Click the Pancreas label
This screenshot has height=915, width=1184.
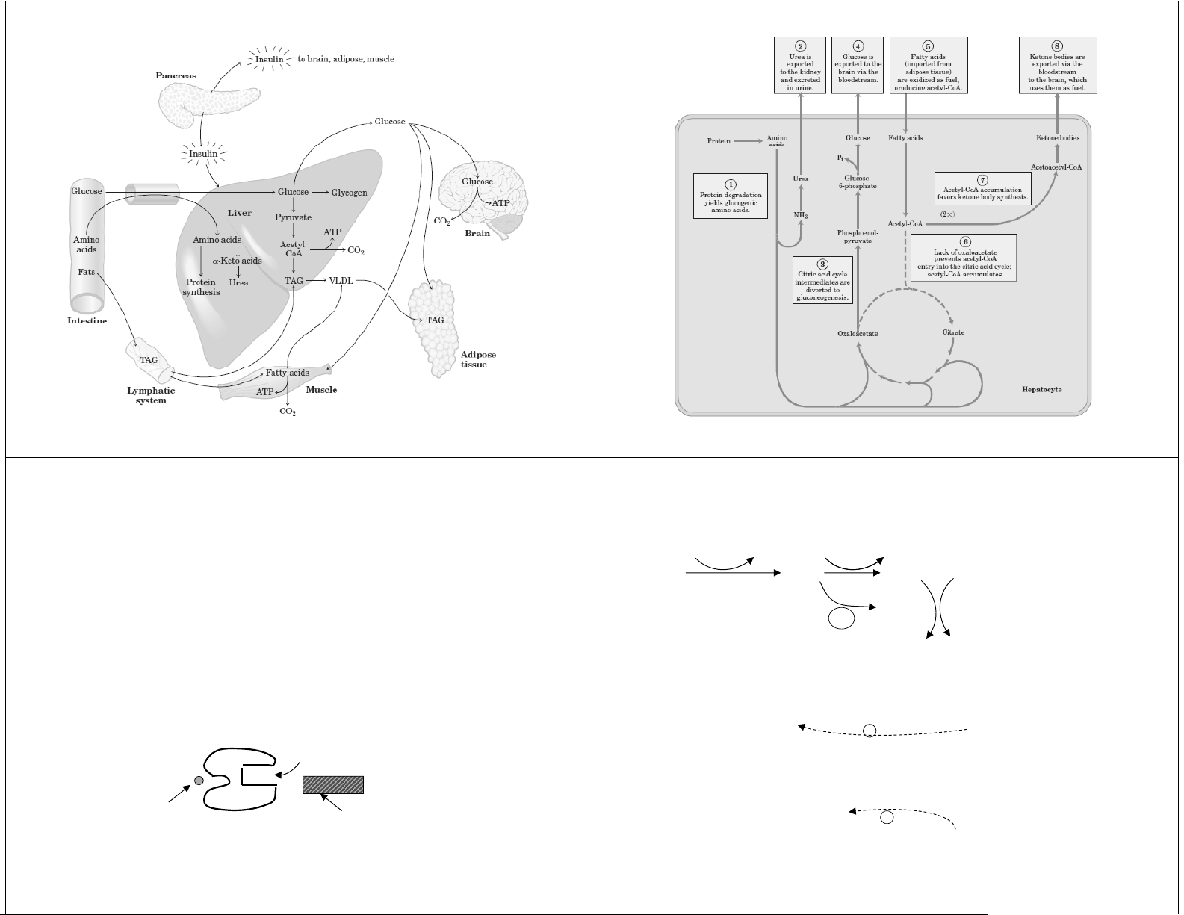pos(176,76)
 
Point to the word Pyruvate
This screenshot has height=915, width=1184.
pos(293,217)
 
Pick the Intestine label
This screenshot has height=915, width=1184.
pos(87,321)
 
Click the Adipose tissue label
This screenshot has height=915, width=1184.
pos(478,359)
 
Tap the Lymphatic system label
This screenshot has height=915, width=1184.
pos(151,395)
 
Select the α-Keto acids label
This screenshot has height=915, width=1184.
pos(237,261)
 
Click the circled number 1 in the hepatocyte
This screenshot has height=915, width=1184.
pos(731,184)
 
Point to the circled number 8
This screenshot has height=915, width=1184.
pos(1057,46)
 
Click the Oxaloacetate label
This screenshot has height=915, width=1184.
pos(857,333)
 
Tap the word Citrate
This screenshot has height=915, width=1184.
pos(953,332)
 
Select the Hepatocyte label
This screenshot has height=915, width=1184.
pos(1041,389)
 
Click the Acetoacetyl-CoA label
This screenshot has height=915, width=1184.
pos(1056,167)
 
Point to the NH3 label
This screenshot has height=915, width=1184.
pos(801,215)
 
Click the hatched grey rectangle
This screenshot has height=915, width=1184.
pos(333,785)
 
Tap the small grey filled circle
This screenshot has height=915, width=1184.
pos(199,781)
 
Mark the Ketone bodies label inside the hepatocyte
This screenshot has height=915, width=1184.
pos(1057,138)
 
